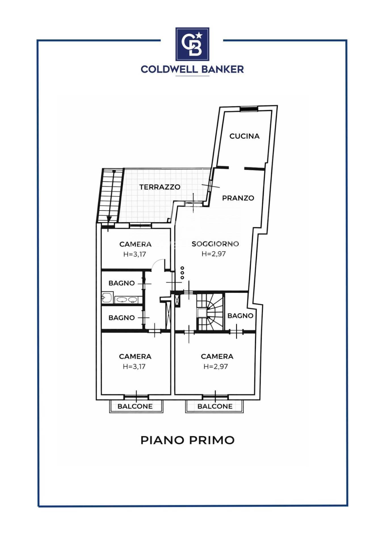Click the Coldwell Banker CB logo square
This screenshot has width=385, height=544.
click(192, 44)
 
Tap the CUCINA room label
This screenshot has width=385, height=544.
click(244, 136)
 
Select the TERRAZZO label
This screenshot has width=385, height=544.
click(160, 187)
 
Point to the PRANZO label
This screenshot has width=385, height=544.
click(238, 198)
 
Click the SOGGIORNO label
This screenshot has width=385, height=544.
click(215, 244)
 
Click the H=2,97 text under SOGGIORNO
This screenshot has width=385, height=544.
click(213, 254)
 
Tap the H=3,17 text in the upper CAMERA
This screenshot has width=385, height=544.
click(134, 254)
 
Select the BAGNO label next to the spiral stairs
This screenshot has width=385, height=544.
click(240, 316)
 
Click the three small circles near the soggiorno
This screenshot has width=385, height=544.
click(182, 273)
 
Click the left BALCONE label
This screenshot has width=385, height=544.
click(135, 406)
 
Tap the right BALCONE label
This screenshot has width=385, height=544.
click(215, 406)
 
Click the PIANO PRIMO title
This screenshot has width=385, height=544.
click(187, 440)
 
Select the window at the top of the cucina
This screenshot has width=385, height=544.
click(249, 109)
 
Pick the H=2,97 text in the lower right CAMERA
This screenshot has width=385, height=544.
click(215, 367)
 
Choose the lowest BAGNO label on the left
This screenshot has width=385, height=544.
click(121, 318)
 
